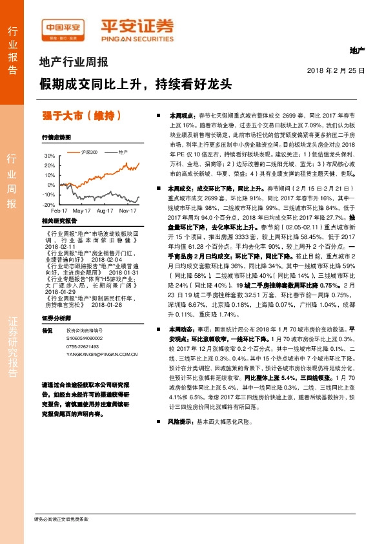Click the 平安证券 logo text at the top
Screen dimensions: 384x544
[x=137, y=26]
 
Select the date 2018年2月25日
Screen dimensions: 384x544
[x=336, y=70]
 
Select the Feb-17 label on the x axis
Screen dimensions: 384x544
[x=60, y=211]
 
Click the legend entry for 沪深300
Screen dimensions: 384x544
[x=89, y=152]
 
